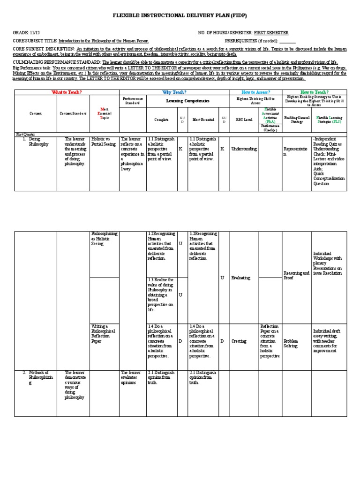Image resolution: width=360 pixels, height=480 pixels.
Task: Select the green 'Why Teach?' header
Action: [174, 92]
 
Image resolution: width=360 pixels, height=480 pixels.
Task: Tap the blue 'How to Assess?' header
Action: [255, 92]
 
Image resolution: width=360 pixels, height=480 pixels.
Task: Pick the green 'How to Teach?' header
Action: [315, 92]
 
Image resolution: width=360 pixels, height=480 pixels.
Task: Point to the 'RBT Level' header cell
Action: [244, 120]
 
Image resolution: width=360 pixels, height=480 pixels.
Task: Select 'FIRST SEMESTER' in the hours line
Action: [271, 33]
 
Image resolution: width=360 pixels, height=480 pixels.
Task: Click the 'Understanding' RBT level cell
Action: [244, 149]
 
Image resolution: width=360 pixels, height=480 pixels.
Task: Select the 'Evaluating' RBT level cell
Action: [241, 278]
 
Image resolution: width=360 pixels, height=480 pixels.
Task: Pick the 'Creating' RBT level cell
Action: [239, 341]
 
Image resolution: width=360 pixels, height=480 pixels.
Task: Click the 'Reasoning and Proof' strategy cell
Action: [296, 275]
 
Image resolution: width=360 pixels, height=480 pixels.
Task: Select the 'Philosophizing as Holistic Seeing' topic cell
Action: [104, 239]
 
